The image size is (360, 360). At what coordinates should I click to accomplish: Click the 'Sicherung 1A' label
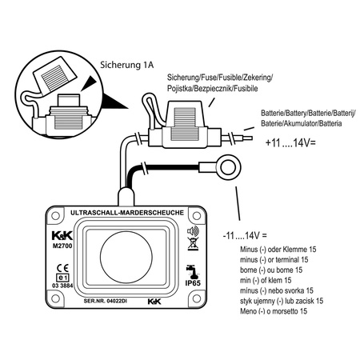coord(126,65)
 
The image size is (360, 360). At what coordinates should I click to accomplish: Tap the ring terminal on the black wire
coord(228,168)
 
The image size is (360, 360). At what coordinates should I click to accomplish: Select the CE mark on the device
coord(63,268)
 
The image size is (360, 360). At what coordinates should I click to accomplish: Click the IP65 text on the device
coord(193,283)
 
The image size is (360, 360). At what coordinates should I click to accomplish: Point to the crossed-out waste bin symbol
coord(193,244)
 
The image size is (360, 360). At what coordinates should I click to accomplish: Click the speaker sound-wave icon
coord(193,231)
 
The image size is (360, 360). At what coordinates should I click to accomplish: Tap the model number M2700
coord(62,246)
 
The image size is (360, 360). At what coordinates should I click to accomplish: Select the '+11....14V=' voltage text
coord(290,143)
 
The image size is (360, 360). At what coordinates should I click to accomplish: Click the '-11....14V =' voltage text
coord(245,236)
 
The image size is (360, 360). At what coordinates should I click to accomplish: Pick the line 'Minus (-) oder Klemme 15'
coord(278,250)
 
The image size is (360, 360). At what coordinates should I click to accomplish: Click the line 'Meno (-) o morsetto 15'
coord(274,311)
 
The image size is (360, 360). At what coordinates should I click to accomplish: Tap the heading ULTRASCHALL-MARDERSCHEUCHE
coord(127,213)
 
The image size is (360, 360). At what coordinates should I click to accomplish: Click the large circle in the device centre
coord(126,258)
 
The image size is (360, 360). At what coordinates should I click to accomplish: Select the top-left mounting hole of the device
coord(55,216)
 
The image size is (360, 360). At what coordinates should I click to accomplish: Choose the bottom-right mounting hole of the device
coord(197,298)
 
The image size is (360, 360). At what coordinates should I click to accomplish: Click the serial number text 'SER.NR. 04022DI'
coord(106,301)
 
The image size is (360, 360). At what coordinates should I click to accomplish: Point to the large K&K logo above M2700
coord(62,235)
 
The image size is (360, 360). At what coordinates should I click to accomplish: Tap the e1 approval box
coord(62,278)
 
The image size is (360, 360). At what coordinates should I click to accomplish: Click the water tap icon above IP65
coord(193,271)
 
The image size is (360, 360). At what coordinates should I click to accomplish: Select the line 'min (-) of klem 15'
coord(266,280)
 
